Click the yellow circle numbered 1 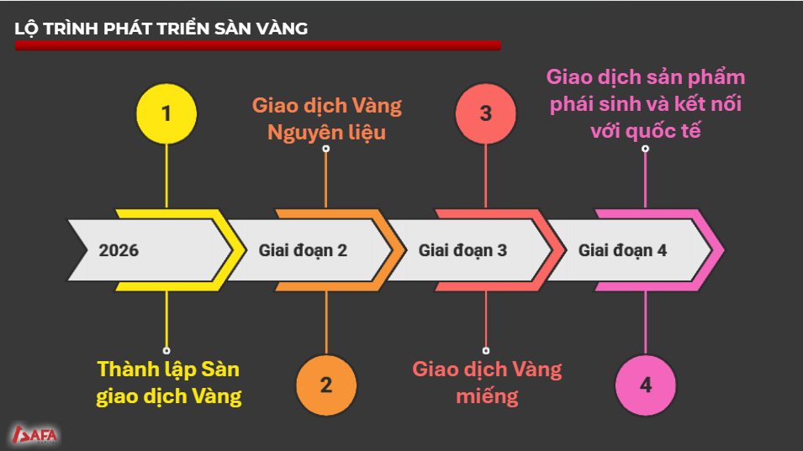pyautogui.click(x=166, y=113)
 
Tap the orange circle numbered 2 pyautogui.click(x=325, y=385)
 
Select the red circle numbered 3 pyautogui.click(x=485, y=113)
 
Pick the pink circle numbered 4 pyautogui.click(x=645, y=385)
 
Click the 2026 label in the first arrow pyautogui.click(x=119, y=250)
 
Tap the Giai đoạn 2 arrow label pyautogui.click(x=303, y=250)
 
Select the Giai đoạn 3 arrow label pyautogui.click(x=462, y=250)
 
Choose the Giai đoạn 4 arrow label pyautogui.click(x=623, y=250)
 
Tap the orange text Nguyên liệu pyautogui.click(x=326, y=132)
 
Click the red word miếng pyautogui.click(x=487, y=396)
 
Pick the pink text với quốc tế pyautogui.click(x=646, y=131)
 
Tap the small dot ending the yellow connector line pyautogui.click(x=166, y=350)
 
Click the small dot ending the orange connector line pyautogui.click(x=325, y=148)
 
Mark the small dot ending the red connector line pyautogui.click(x=486, y=350)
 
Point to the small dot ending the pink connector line pyautogui.click(x=645, y=148)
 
